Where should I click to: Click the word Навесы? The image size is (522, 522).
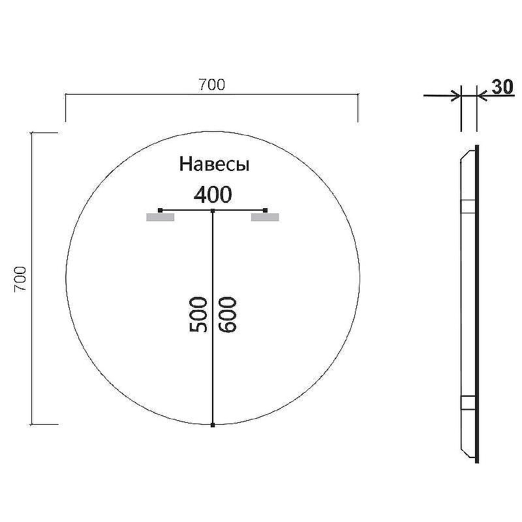[x=215, y=164]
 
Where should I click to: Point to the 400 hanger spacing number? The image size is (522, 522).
[x=213, y=194]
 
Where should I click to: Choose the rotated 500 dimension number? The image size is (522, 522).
[x=199, y=314]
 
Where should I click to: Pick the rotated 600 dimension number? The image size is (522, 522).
[x=228, y=314]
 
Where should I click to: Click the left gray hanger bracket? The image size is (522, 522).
[x=161, y=217]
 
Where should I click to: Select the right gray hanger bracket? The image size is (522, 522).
[x=265, y=217]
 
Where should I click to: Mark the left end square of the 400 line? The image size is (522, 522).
[x=161, y=210]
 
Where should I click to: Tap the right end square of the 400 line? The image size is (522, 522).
[x=266, y=210]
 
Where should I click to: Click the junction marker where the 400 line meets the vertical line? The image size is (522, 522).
[x=213, y=211]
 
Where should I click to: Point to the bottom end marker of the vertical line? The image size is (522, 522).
[x=213, y=425]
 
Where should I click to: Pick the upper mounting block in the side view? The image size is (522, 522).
[x=469, y=207]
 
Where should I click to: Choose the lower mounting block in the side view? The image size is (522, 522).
[x=469, y=402]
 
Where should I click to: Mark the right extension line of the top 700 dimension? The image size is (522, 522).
[x=358, y=108]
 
